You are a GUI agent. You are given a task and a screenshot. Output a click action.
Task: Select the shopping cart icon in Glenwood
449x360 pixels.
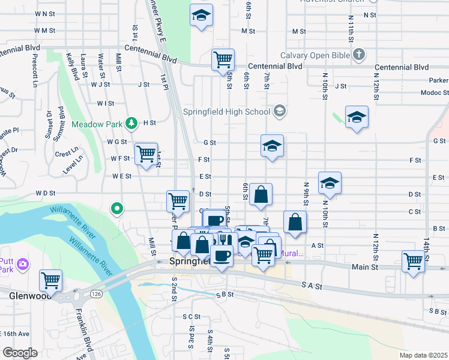[51, 280]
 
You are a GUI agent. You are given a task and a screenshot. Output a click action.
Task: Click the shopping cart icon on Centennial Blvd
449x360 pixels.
[223, 59]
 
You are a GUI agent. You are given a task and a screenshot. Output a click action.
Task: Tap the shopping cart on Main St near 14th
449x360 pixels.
[414, 262]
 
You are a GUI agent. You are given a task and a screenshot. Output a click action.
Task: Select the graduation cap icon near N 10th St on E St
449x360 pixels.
[330, 182]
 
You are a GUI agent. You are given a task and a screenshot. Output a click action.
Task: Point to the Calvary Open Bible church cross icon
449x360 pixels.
[359, 56]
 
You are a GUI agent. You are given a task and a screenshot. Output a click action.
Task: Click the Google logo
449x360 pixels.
[19, 353]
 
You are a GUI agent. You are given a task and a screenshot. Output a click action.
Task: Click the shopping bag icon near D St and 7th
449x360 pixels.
[261, 194]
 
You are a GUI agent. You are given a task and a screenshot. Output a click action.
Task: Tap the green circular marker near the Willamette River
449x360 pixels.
[117, 209]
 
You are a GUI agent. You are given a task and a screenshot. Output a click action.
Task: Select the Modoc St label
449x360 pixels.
[435, 92]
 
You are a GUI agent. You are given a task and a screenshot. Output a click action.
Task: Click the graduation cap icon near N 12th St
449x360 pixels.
[357, 116]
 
